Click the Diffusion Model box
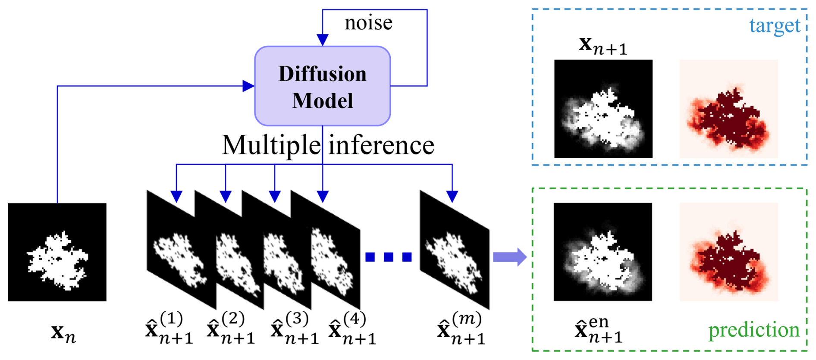click(x=322, y=86)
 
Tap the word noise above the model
click(x=368, y=23)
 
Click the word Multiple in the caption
click(x=272, y=145)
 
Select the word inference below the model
click(x=381, y=145)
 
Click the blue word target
click(x=775, y=26)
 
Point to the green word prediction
click(x=754, y=330)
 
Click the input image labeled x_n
click(x=57, y=252)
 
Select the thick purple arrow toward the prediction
click(x=509, y=257)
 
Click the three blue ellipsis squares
click(x=388, y=257)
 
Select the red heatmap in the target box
click(x=728, y=109)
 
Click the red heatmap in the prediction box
click(x=728, y=252)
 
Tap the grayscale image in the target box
click(x=603, y=109)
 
